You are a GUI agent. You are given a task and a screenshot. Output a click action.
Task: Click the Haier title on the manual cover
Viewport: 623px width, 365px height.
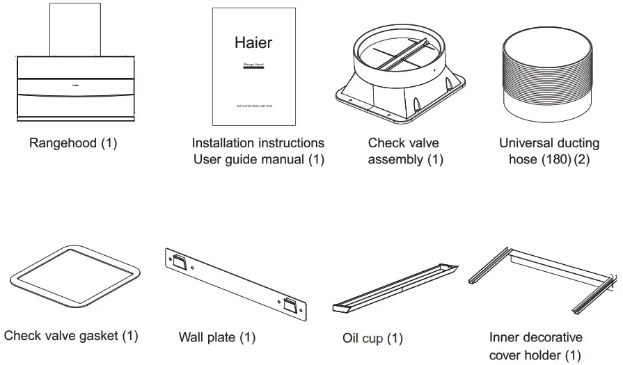(x=253, y=42)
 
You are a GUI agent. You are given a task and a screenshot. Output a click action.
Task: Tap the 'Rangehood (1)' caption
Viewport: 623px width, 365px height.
(x=73, y=143)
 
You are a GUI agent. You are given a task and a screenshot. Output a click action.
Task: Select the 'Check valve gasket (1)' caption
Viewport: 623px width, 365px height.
(x=71, y=336)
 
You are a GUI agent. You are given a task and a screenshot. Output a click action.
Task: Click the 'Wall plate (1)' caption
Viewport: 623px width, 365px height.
(x=217, y=338)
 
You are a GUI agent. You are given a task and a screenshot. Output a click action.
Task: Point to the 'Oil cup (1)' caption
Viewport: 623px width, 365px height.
(x=372, y=339)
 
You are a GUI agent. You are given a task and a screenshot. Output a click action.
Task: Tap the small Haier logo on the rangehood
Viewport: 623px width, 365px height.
(x=74, y=86)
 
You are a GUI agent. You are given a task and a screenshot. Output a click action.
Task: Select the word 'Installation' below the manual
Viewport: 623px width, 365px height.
(x=223, y=143)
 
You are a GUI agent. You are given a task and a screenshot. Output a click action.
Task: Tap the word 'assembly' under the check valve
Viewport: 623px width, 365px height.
(x=395, y=160)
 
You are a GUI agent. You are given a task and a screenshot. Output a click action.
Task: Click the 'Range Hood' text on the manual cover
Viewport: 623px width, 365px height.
(x=253, y=64)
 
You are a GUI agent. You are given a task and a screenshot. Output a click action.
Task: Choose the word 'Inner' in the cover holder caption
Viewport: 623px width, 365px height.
(x=505, y=338)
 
